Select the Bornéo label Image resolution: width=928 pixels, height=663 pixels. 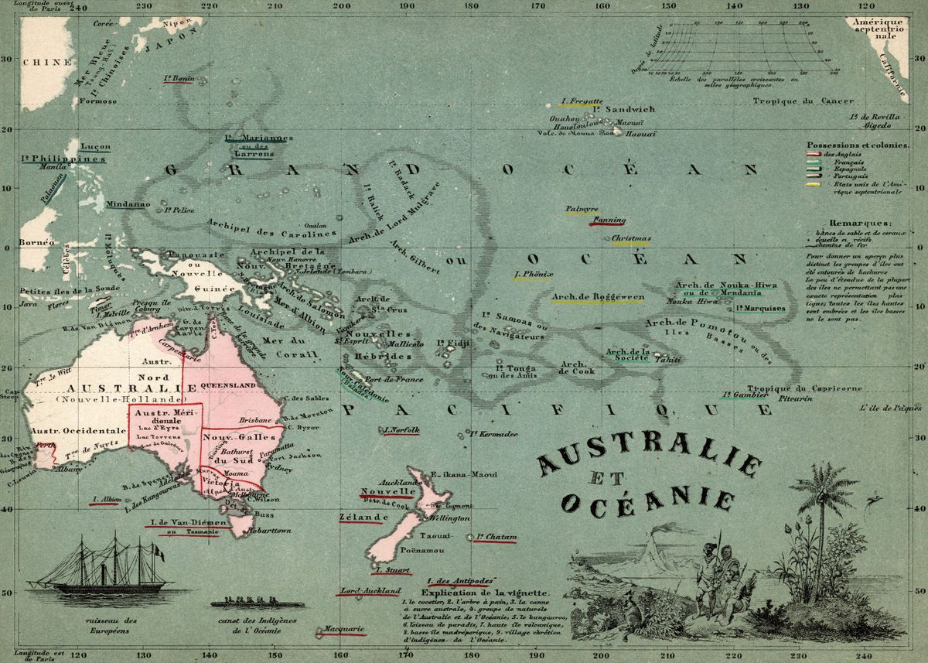[38, 242]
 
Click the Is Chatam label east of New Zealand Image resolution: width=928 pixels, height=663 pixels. [496, 536]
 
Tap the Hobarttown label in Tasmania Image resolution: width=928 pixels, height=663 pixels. [268, 531]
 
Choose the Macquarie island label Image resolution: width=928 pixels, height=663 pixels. [340, 629]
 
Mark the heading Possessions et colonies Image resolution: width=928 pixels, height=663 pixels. [848, 145]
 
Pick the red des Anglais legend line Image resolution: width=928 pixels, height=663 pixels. [814, 155]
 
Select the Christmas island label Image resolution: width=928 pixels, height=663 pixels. [630, 240]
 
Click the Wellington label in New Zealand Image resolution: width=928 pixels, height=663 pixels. [449, 518]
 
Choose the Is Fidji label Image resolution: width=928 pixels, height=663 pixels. [453, 343]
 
